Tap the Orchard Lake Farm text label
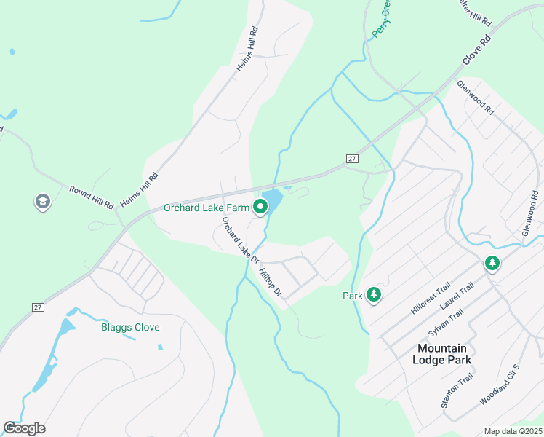(207, 208)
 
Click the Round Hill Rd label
(92, 197)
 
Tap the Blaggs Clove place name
(130, 327)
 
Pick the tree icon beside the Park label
(374, 295)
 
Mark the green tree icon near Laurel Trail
(492, 263)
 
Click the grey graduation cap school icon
(42, 202)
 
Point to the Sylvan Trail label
(445, 322)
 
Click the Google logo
(24, 428)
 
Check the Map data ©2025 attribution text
(513, 431)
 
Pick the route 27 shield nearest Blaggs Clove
(39, 307)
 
